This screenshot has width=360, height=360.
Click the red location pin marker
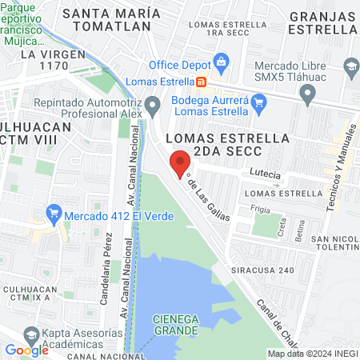178,164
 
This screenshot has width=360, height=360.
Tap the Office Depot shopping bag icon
222,62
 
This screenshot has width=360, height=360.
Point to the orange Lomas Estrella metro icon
202,81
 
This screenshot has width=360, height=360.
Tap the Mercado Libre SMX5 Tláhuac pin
309,96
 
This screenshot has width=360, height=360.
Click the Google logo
26,350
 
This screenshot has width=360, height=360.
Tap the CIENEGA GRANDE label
177,323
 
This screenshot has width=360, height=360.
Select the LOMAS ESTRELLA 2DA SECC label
226,138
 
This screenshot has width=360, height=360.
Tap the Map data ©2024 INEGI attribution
312,354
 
